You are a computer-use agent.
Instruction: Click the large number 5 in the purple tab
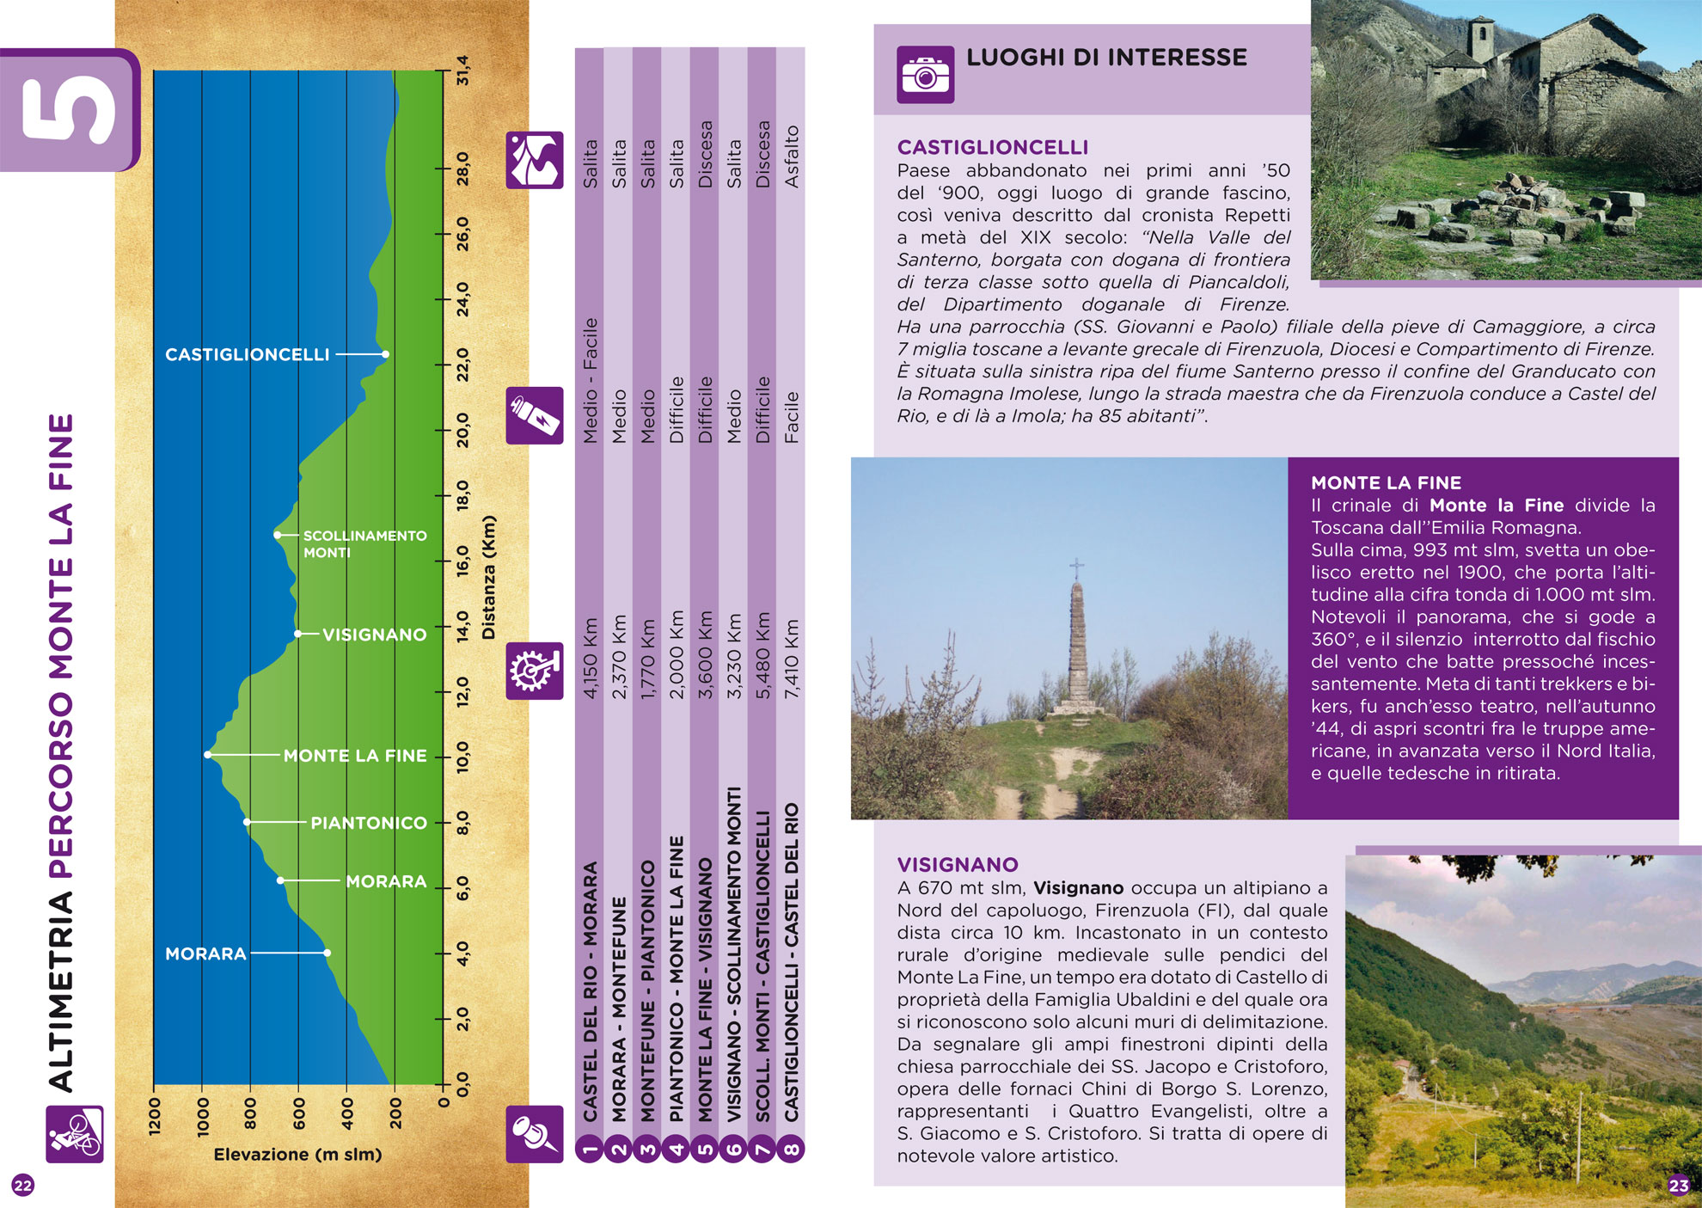[69, 110]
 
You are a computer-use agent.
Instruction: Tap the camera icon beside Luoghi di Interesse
[925, 75]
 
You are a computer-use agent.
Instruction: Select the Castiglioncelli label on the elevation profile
[248, 354]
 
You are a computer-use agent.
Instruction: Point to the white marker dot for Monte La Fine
[208, 755]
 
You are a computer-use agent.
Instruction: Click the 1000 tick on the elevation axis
[203, 1116]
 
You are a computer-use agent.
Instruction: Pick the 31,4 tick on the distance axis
[463, 71]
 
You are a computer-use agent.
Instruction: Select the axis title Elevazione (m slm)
[297, 1154]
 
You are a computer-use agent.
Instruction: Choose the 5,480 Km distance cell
[762, 655]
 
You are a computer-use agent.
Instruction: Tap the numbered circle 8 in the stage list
[792, 1149]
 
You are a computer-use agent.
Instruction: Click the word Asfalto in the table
[792, 156]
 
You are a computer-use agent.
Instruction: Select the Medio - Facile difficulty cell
[590, 381]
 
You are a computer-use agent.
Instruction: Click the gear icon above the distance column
[534, 671]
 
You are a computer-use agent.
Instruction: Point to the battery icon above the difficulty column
[534, 415]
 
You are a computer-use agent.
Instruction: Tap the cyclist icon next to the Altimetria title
[75, 1134]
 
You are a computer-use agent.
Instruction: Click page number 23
[1679, 1186]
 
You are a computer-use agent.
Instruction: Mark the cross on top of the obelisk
[1076, 567]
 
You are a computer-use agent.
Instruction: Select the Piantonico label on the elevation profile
[369, 823]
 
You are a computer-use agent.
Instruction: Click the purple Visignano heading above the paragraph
[958, 865]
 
